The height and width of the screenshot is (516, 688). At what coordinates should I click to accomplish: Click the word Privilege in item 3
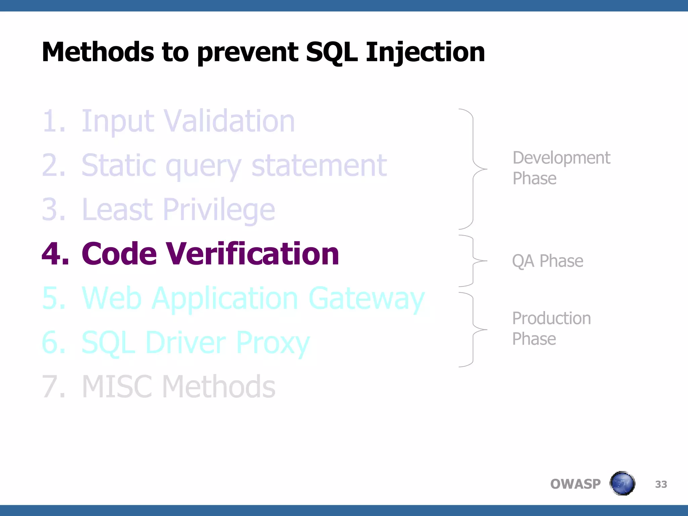coord(219,210)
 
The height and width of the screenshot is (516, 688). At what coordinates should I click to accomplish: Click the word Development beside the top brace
coord(561,158)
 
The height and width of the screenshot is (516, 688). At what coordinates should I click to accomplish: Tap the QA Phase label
coord(547,261)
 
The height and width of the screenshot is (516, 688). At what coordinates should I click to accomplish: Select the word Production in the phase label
coord(551,318)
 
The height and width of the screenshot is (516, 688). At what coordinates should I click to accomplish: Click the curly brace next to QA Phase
coord(473,261)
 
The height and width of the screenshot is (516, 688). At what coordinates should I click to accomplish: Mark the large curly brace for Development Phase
coord(473,169)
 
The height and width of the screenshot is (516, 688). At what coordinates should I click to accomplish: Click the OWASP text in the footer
coord(575,484)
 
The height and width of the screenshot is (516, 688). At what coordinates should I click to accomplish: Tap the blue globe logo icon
coord(622,483)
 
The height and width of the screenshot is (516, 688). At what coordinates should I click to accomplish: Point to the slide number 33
coord(661,484)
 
